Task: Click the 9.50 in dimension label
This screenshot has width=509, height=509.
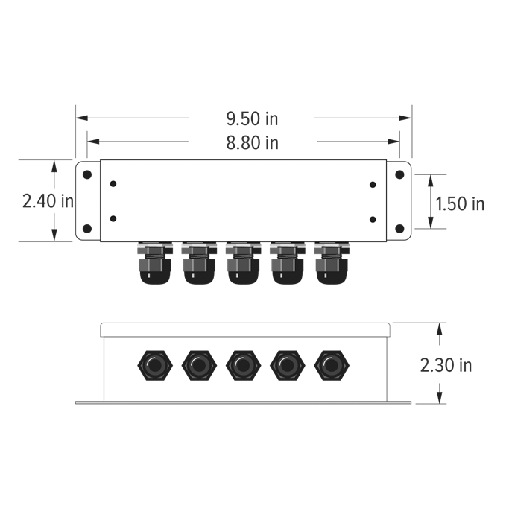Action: pos(252,118)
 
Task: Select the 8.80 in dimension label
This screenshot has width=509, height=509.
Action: pos(252,142)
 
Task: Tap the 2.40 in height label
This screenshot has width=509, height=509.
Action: pos(47,200)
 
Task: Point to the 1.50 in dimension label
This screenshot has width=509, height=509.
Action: pos(459,203)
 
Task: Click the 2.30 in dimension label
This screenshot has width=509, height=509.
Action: pos(446,365)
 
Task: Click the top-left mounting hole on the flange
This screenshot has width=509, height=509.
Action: pos(86,174)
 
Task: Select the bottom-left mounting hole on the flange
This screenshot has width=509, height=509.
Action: pos(86,229)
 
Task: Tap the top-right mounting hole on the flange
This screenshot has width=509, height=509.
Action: pos(399,174)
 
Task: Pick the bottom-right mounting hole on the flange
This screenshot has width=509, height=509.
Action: pos(399,229)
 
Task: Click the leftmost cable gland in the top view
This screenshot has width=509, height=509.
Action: pos(154,264)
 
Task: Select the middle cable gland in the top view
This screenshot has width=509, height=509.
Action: pos(243,264)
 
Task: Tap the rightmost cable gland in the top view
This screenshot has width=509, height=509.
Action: pos(332,264)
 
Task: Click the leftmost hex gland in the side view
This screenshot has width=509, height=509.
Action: pos(154,366)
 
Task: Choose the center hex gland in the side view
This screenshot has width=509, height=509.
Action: pos(243,366)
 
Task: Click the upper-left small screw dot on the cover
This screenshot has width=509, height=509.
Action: pos(113,183)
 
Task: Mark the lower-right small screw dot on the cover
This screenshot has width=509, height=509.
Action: pos(373,219)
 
